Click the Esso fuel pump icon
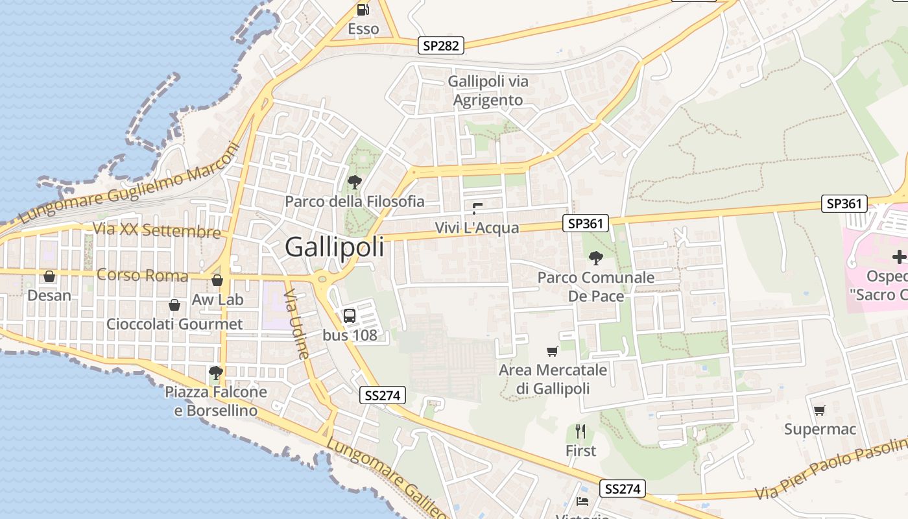363,10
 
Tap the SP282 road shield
441,45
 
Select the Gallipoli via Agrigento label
488,91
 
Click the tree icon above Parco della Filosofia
354,182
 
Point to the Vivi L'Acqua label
477,228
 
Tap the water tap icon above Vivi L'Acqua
477,208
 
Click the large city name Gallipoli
334,247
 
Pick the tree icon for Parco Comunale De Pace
595,258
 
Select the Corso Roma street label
142,275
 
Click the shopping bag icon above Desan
49,277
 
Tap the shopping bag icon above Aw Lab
217,280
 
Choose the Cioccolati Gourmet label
174,324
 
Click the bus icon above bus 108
350,316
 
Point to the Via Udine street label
296,324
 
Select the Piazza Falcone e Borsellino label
215,401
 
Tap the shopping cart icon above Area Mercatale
553,351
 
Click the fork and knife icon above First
580,431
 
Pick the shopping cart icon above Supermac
820,410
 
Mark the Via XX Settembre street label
156,230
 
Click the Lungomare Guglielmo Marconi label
130,183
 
